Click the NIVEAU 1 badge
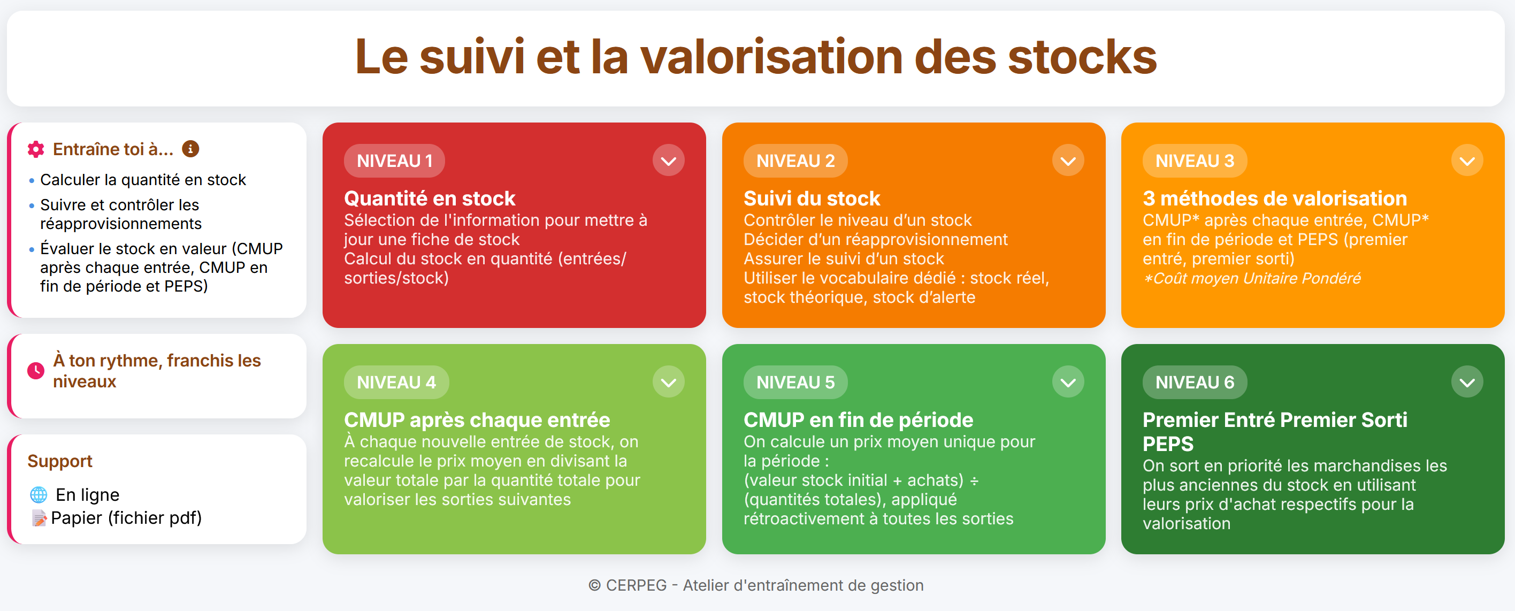[x=394, y=161]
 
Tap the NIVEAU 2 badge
[x=795, y=161]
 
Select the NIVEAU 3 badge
[x=1195, y=161]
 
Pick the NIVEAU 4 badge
[x=396, y=382]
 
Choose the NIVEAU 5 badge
[x=795, y=382]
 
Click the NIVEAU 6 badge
[x=1195, y=382]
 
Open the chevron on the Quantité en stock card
[x=668, y=161]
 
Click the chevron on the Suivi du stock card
[x=1068, y=161]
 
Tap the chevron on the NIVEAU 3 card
[x=1467, y=161]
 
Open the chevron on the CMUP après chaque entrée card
[x=668, y=382]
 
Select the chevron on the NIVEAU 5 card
[x=1068, y=382]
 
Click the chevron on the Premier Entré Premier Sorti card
[x=1467, y=382]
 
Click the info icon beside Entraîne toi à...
[x=190, y=149]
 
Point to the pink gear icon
[x=36, y=149]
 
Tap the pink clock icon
[x=36, y=370]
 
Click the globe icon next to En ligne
[x=39, y=494]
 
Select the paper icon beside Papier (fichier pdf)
[x=40, y=518]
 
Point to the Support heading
[x=60, y=461]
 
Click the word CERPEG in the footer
[x=637, y=585]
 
